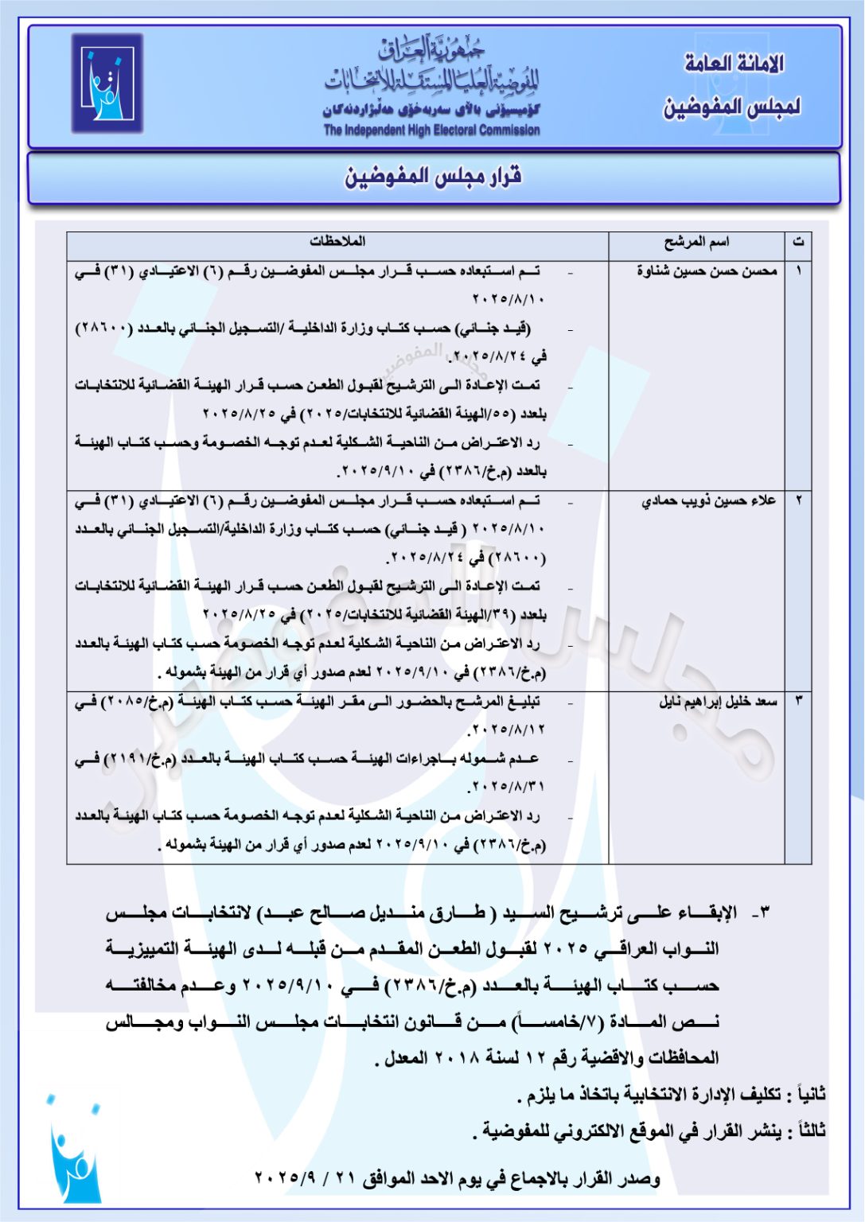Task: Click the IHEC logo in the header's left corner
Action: pyautogui.click(x=107, y=83)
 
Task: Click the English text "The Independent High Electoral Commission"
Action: pyautogui.click(x=431, y=130)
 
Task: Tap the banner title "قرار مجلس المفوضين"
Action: pyautogui.click(x=433, y=177)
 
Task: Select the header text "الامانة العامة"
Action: pyautogui.click(x=734, y=64)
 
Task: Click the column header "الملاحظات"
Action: pyautogui.click(x=337, y=241)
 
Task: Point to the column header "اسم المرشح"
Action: pyautogui.click(x=696, y=242)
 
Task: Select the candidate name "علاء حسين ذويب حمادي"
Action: pyautogui.click(x=708, y=500)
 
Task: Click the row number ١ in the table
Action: pyautogui.click(x=798, y=271)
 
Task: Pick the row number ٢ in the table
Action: pyautogui.click(x=798, y=500)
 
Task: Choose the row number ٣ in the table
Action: pyautogui.click(x=798, y=702)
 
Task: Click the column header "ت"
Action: pyautogui.click(x=798, y=242)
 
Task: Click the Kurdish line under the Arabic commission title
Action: pyautogui.click(x=431, y=111)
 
